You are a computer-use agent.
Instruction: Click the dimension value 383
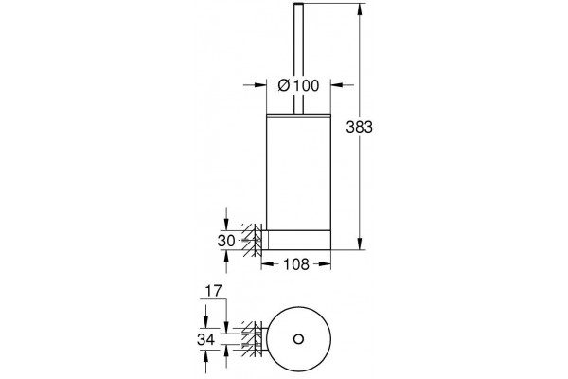click(x=359, y=127)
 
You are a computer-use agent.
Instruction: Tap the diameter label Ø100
click(x=298, y=86)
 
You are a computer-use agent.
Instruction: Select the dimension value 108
click(x=296, y=264)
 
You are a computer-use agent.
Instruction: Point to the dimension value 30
click(x=226, y=241)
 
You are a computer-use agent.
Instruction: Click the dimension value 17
click(x=213, y=291)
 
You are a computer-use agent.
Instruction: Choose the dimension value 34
click(x=205, y=340)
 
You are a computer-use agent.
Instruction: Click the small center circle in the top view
click(x=298, y=339)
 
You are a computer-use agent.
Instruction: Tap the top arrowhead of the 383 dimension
click(x=360, y=9)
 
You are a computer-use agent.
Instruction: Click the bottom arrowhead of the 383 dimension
click(x=360, y=244)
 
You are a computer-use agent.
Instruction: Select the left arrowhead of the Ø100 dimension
click(x=260, y=85)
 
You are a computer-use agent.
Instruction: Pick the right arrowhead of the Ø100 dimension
click(x=337, y=85)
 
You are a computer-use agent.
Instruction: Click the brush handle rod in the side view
click(x=298, y=58)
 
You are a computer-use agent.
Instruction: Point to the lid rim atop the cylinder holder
click(x=298, y=116)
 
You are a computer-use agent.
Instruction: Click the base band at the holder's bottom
click(x=298, y=240)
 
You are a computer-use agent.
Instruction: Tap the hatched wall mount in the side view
click(x=252, y=240)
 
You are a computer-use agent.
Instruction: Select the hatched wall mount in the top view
click(x=252, y=339)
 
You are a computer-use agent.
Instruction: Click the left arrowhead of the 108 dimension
click(x=267, y=264)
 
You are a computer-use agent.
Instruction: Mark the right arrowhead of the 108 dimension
click(x=325, y=264)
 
